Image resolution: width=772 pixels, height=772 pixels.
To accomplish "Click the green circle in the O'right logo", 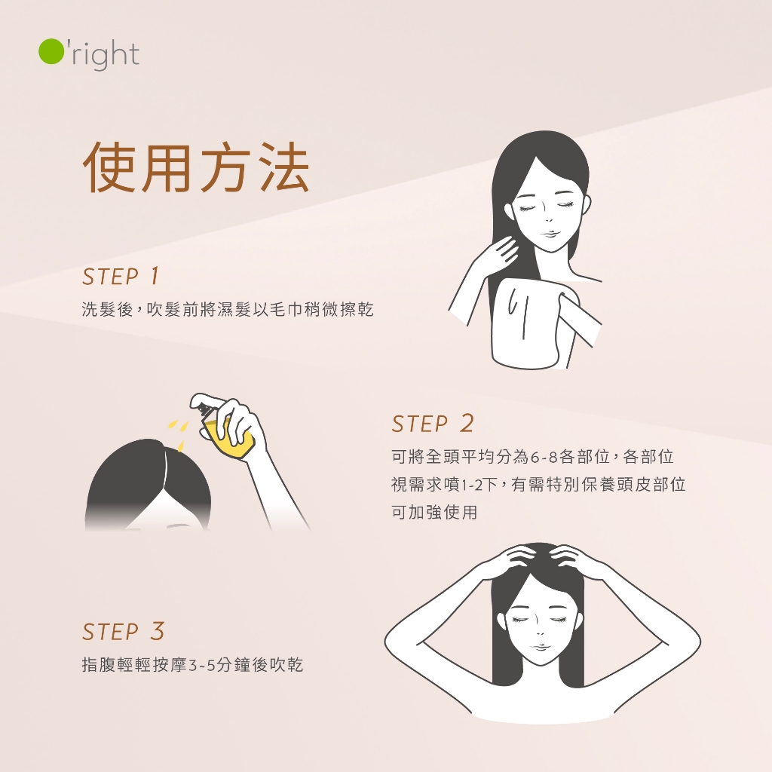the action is point(51,51).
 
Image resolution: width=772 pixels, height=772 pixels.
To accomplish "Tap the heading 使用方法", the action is point(197,167).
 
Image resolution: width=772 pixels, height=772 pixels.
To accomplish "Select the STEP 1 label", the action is point(121,276).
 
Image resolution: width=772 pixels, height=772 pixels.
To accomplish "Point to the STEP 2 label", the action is point(433,424).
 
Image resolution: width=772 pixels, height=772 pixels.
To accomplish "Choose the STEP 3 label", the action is point(123,632).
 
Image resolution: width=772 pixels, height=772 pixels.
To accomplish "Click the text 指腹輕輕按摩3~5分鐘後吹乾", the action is point(192,665).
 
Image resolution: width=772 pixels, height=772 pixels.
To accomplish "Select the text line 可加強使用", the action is point(434,512).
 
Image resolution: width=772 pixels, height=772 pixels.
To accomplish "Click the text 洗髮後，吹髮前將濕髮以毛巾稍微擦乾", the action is point(228,309).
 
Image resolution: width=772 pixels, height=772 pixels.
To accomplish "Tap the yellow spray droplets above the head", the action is point(178,433).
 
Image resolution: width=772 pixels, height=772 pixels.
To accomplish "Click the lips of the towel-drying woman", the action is point(550,234).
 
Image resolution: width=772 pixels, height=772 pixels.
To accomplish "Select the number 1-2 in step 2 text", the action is point(472,486).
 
